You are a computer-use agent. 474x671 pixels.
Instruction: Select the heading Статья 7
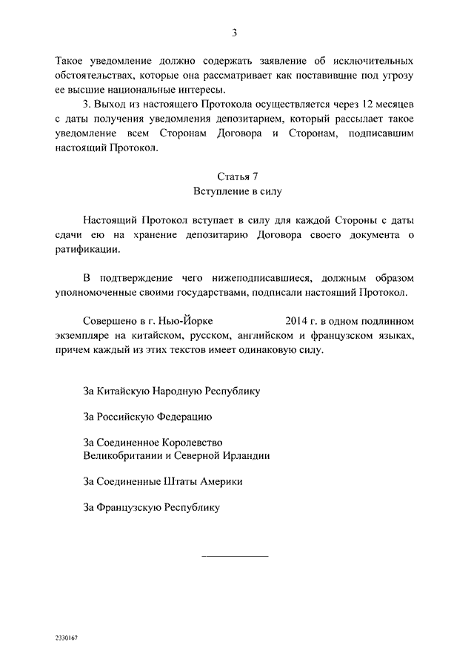[237, 176]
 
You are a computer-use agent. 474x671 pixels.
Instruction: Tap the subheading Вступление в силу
[237, 191]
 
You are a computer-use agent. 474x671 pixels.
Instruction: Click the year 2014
[298, 320]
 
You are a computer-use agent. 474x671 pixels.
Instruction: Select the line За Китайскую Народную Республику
[172, 389]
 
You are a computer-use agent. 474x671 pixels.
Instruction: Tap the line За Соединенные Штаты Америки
[163, 481]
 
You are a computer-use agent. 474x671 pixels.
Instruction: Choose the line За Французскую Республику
[153, 508]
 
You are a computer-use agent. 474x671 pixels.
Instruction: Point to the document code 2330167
[64, 638]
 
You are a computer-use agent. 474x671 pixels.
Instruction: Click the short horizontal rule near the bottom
[236, 556]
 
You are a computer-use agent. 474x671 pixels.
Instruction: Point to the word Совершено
[108, 320]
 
